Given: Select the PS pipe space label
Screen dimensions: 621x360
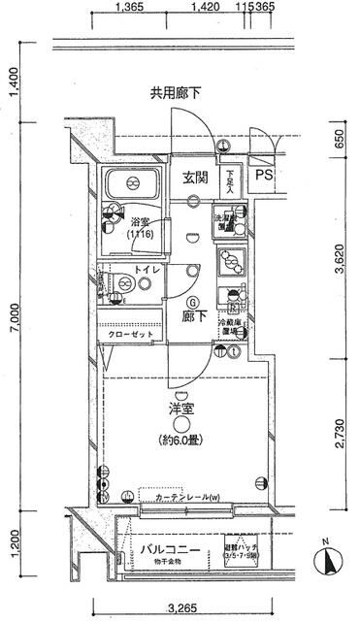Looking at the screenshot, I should click(264, 177).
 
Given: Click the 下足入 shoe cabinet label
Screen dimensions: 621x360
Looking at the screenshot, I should click(229, 182).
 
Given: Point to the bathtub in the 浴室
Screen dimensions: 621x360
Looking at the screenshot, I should click(134, 183).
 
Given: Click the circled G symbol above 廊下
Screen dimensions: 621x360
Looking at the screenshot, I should click(193, 301).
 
